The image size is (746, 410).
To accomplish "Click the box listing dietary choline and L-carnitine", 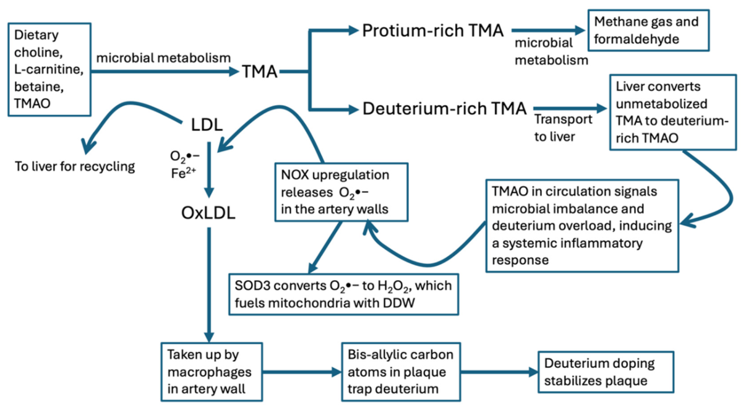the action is pyautogui.click(x=49, y=69).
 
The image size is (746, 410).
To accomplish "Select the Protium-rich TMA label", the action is pyautogui.click(x=432, y=31).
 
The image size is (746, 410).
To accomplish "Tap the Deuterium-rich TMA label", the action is pyautogui.click(x=444, y=109).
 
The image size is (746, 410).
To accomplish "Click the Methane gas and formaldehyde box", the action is pyautogui.click(x=649, y=30).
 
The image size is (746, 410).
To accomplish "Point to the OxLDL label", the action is pyautogui.click(x=208, y=213).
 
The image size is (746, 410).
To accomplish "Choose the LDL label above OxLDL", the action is pyautogui.click(x=207, y=125).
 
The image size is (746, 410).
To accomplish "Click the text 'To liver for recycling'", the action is pyautogui.click(x=75, y=166).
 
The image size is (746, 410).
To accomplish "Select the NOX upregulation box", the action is pyautogui.click(x=341, y=192).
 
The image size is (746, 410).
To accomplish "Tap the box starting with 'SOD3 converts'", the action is pyautogui.click(x=344, y=294).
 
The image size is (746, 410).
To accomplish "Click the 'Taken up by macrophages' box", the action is pyautogui.click(x=212, y=372).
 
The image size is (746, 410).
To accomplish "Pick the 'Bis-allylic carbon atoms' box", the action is pyautogui.click(x=401, y=372).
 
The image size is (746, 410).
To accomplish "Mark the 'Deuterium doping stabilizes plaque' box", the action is pyautogui.click(x=606, y=372).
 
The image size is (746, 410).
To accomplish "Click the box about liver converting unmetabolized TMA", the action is pyautogui.click(x=673, y=113).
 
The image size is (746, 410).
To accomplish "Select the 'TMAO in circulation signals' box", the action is pyautogui.click(x=582, y=226).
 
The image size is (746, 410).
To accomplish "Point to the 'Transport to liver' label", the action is pyautogui.click(x=563, y=128).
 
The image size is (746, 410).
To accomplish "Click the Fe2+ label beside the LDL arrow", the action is pyautogui.click(x=183, y=173).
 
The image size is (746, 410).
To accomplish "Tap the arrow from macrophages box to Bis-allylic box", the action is pyautogui.click(x=302, y=372).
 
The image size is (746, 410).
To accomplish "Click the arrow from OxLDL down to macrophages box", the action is pyautogui.click(x=209, y=285).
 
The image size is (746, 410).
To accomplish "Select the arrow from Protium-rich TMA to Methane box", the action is pyautogui.click(x=548, y=30).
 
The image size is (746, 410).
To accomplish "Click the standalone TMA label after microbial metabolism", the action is pyautogui.click(x=259, y=72).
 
